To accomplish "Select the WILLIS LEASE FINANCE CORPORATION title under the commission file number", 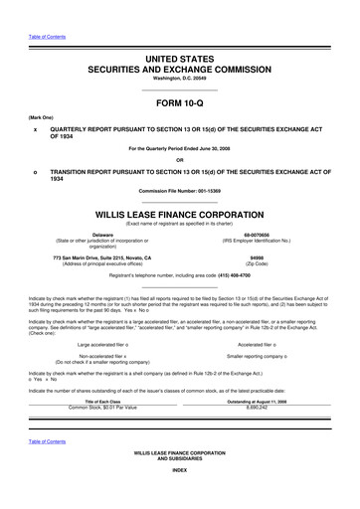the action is coord(179,212).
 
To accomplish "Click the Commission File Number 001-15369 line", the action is coord(179,190).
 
